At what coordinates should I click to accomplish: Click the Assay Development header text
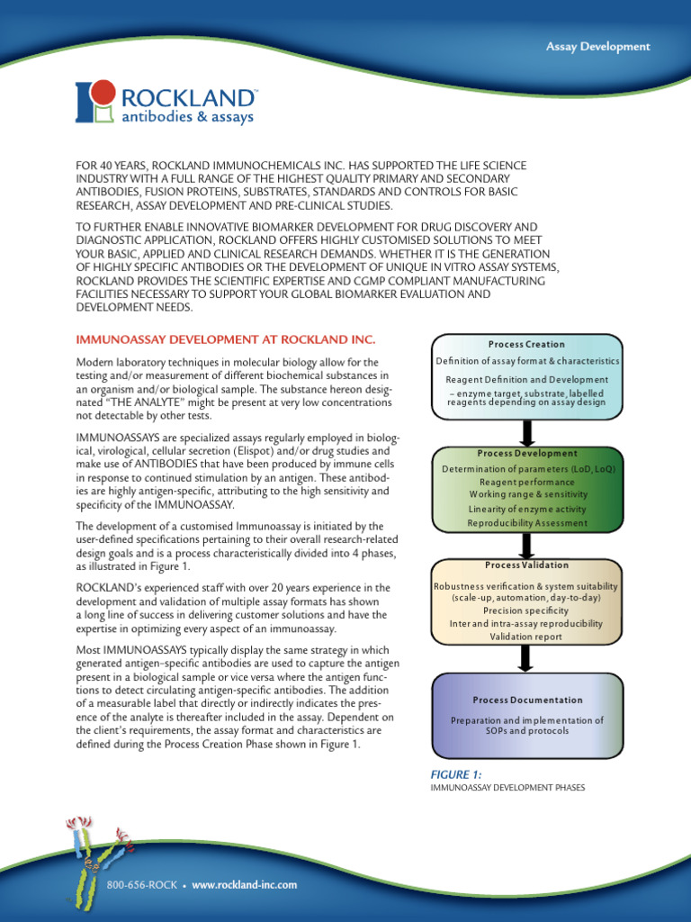point(597,46)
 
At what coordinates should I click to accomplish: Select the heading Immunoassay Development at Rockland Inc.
point(225,339)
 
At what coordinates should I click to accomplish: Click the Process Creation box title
point(526,344)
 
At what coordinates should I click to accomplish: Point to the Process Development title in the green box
point(527,453)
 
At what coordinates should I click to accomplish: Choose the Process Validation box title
point(526,565)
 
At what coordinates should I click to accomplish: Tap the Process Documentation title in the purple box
point(527,700)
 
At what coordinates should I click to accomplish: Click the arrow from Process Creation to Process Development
point(527,432)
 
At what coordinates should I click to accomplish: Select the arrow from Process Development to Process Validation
point(527,545)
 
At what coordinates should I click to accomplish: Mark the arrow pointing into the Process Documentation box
point(527,658)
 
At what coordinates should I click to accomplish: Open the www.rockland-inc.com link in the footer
point(245,885)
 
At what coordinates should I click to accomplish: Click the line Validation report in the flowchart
point(526,637)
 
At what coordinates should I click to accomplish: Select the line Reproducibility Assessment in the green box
point(526,523)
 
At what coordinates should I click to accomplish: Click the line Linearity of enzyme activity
point(526,510)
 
